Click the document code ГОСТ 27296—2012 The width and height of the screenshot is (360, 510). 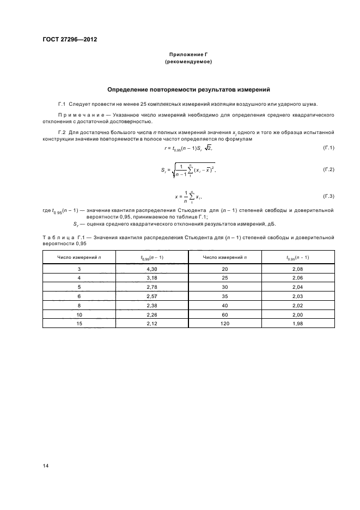click(66, 39)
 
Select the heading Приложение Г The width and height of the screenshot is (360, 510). click(188, 54)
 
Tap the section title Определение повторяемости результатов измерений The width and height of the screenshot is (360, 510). click(188, 89)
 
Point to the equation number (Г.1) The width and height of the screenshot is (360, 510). click(328, 148)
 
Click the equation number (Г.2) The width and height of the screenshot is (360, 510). click(328, 170)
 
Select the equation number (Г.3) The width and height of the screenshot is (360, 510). click(328, 196)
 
